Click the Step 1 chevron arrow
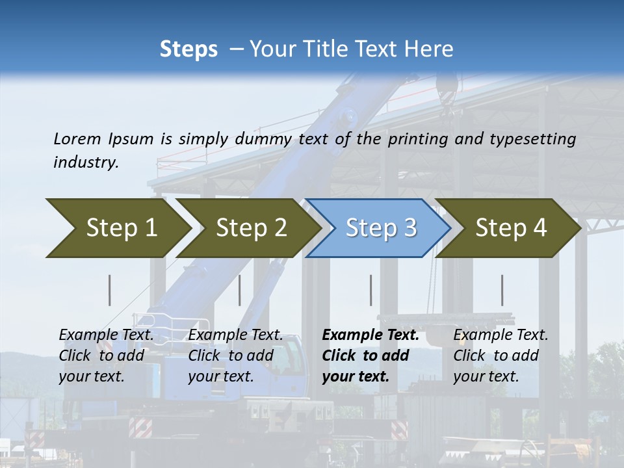[121, 228]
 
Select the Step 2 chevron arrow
[251, 228]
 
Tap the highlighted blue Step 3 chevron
[380, 228]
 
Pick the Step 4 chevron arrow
[510, 228]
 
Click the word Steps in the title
[188, 49]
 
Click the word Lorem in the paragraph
[76, 139]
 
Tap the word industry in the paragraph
[85, 162]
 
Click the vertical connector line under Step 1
[110, 290]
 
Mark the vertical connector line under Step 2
[240, 290]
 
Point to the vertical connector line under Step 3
[371, 290]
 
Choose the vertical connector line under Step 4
[502, 290]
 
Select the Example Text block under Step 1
[106, 356]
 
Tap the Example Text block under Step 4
[500, 356]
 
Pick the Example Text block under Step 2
[235, 356]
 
